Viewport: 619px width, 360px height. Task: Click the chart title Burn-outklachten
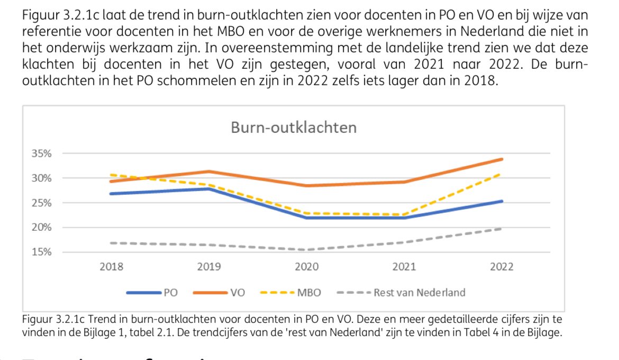coord(293,128)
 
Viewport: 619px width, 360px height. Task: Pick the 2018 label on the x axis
coord(112,267)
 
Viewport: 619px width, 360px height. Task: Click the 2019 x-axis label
coord(209,267)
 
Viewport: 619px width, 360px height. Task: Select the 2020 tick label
coord(307,267)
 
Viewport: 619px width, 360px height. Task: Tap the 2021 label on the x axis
coord(404,267)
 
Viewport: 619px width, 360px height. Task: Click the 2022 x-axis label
coord(502,267)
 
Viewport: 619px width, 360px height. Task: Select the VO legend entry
coord(238,292)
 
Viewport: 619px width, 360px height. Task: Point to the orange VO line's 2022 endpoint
coord(502,159)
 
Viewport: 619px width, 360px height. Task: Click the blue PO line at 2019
coord(209,188)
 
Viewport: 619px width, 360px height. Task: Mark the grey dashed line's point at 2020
coord(307,250)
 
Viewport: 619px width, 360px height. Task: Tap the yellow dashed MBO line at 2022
coord(500,174)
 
